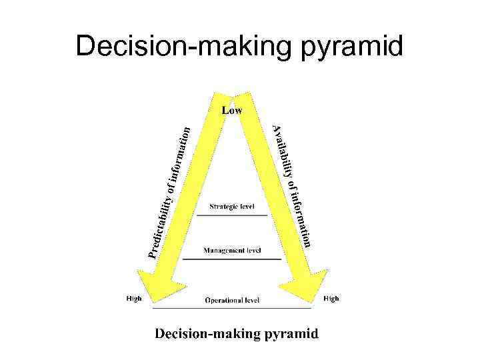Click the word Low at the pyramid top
[232, 111]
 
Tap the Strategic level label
[232, 207]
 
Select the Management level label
[232, 251]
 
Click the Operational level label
[232, 301]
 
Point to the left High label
[134, 298]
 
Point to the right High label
[331, 298]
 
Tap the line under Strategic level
[232, 215]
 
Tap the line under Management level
[232, 259]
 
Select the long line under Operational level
[232, 309]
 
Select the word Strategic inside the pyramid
[221, 207]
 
